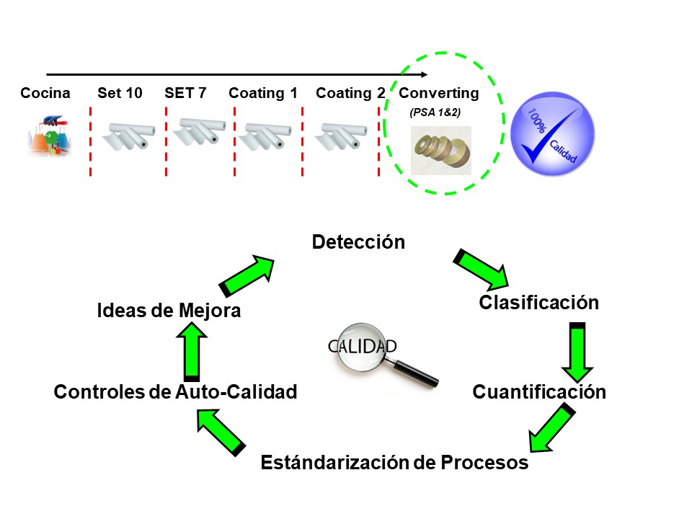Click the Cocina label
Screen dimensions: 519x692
(x=45, y=93)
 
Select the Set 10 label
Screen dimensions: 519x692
(x=120, y=93)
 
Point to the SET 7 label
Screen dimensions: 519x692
(x=185, y=93)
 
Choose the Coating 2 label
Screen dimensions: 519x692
(x=350, y=93)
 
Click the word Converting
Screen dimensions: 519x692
(x=438, y=93)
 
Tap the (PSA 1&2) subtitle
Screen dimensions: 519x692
(x=435, y=112)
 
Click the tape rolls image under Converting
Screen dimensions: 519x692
(x=440, y=150)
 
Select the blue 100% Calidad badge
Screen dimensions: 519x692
(x=553, y=135)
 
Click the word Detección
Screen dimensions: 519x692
(x=358, y=242)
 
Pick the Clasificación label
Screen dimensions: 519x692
(x=538, y=303)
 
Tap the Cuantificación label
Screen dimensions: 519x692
(x=538, y=392)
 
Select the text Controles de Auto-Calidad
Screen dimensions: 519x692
(x=175, y=392)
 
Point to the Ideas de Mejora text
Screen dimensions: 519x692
(x=169, y=311)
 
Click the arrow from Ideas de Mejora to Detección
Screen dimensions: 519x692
(x=247, y=274)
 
